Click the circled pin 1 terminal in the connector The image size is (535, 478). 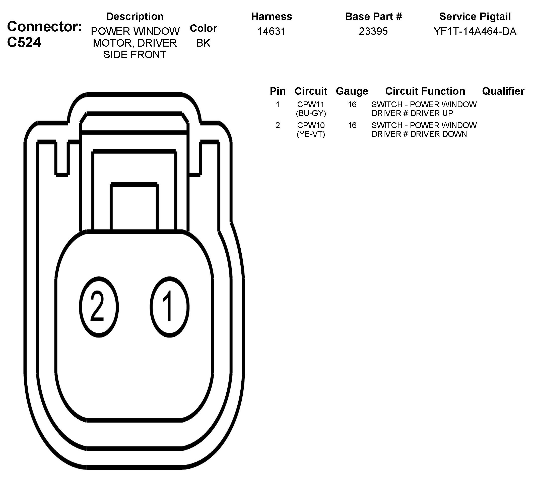pyautogui.click(x=169, y=307)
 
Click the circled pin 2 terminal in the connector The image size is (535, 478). pyautogui.click(x=99, y=307)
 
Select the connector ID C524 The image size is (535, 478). pyautogui.click(x=24, y=42)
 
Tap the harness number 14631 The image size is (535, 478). pyautogui.click(x=272, y=32)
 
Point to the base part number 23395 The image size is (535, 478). pyautogui.click(x=373, y=32)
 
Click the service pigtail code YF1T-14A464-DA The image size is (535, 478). pyautogui.click(x=475, y=32)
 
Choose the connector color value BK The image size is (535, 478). pyautogui.click(x=203, y=43)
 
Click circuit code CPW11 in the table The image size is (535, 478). pyautogui.click(x=311, y=104)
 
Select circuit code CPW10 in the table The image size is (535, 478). pyautogui.click(x=311, y=125)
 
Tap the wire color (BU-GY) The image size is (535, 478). pyautogui.click(x=311, y=113)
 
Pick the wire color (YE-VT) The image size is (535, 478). pyautogui.click(x=311, y=134)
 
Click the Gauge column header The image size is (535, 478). pyautogui.click(x=352, y=91)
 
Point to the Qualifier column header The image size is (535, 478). pyautogui.click(x=503, y=91)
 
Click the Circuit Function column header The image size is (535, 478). pyautogui.click(x=425, y=91)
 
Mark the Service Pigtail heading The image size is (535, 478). pyautogui.click(x=475, y=17)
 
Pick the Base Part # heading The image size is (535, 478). pyautogui.click(x=373, y=17)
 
